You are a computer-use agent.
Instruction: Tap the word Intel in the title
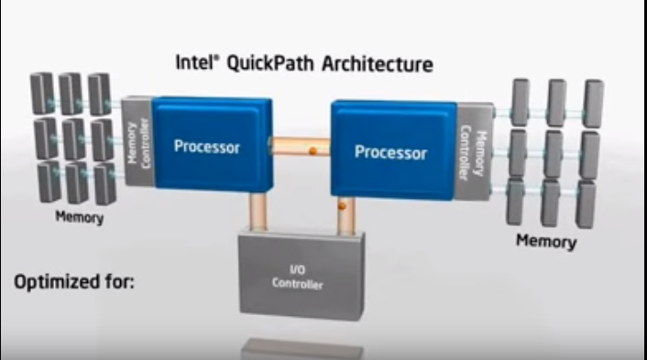194,63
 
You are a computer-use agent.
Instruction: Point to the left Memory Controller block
136,141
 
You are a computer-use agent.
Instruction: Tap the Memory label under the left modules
79,218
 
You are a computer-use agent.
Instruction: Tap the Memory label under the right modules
546,241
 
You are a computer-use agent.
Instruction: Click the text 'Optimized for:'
73,281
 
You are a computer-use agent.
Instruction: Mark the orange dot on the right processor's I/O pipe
341,208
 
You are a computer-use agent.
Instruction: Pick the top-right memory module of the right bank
592,101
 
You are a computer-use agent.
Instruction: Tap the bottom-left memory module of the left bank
49,181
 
